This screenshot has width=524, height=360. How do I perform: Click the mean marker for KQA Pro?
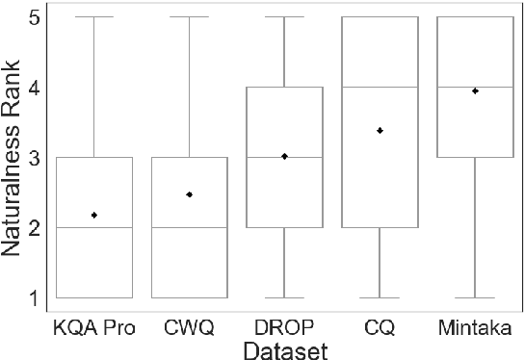tap(93, 215)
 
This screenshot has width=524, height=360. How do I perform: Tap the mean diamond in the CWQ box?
tap(189, 194)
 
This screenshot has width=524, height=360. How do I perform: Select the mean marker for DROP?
tap(284, 156)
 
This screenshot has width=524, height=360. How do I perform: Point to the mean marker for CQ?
tap(380, 130)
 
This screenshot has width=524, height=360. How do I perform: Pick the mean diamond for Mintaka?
tap(475, 90)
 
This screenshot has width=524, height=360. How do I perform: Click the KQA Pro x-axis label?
tap(93, 327)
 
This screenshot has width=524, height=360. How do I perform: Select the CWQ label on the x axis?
tap(189, 327)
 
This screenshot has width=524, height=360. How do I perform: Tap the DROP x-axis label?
tap(284, 327)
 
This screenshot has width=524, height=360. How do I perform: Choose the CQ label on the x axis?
tap(380, 327)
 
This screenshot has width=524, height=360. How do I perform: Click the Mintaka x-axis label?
tap(475, 327)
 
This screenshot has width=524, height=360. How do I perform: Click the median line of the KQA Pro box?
tap(93, 227)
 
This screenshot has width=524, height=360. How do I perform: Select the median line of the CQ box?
tap(380, 87)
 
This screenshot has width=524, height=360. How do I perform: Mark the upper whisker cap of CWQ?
tap(189, 17)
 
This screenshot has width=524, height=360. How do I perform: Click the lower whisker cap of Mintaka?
tap(475, 297)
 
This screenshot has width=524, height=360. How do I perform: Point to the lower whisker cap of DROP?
tap(284, 297)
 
